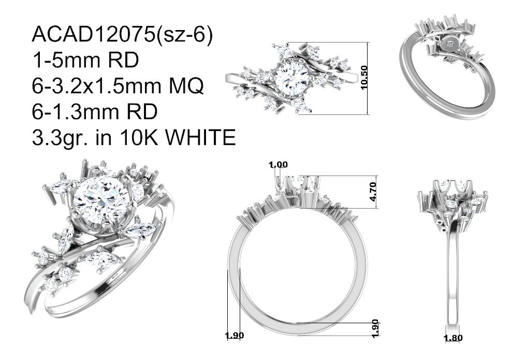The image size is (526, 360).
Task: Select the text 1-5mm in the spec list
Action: [x=66, y=61]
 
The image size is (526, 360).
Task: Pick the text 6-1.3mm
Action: [x=75, y=112]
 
